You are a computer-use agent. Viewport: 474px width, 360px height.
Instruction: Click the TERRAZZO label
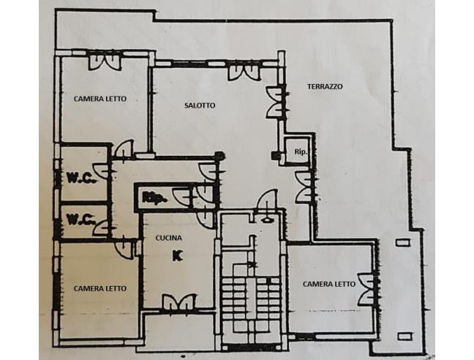pos(325,87)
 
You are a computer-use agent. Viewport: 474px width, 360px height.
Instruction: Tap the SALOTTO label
pos(200,105)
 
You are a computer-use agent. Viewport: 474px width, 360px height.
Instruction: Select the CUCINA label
pos(169,239)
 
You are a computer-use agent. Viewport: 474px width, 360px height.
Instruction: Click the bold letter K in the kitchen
pos(178,256)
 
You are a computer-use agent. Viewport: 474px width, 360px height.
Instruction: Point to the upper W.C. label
pos(82,179)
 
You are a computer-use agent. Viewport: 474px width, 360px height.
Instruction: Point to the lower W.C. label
pos(81,219)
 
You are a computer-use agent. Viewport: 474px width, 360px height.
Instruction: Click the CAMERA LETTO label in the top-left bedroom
pos(100,99)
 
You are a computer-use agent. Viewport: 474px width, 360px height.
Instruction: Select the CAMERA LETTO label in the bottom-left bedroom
pos(100,289)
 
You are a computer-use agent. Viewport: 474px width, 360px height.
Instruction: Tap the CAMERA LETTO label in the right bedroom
pos(329,285)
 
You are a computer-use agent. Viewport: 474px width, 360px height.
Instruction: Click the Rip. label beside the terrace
pos(301,152)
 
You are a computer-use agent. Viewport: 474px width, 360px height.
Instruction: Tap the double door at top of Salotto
pos(244,72)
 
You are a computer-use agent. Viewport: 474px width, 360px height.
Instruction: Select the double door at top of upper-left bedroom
pos(105,62)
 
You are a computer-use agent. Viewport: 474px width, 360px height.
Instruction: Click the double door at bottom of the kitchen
pos(179,301)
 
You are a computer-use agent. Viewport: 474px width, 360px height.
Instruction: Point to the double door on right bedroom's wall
pos(366,289)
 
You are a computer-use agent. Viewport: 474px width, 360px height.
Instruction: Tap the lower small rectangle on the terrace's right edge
pos(405,337)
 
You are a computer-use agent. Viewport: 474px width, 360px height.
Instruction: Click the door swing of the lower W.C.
pos(101,228)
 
